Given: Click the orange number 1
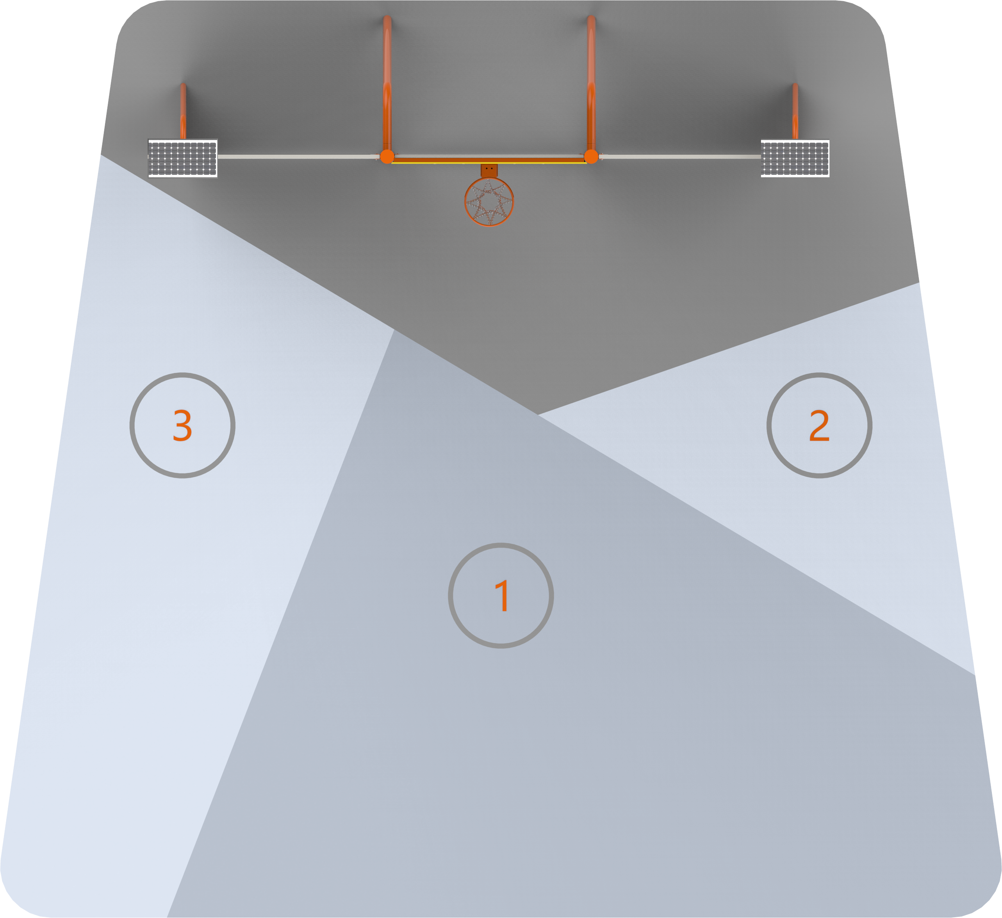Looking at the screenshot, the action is [502, 595].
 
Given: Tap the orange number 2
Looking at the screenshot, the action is [820, 425].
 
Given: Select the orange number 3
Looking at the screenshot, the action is [182, 425].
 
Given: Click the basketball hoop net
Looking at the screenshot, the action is [489, 202].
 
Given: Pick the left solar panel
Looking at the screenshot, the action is [183, 158].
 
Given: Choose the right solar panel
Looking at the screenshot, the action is [795, 158].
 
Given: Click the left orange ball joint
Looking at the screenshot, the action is [387, 157].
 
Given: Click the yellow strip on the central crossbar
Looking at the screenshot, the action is [489, 162].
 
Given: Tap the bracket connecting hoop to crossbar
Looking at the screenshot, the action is [489, 171].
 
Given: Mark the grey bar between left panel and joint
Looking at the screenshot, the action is [299, 157].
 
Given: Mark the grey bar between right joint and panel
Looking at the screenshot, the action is [679, 157].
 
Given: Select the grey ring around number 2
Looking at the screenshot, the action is [820, 375].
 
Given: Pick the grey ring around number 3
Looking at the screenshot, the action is [182, 375].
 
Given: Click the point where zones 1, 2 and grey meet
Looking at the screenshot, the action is [538, 414].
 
